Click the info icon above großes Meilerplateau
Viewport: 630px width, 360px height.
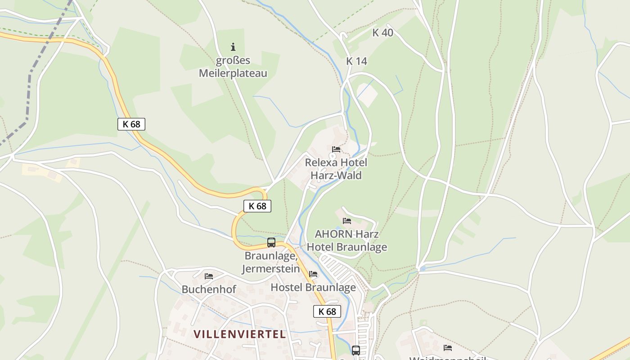[233, 46]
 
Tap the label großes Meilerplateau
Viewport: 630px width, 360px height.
[233, 67]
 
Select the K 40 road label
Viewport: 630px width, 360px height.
[383, 32]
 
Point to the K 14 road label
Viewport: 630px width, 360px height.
[357, 61]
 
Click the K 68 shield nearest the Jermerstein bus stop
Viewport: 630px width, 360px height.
[257, 206]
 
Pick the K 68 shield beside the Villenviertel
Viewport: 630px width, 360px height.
[327, 311]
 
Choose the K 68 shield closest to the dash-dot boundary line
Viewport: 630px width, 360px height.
[131, 124]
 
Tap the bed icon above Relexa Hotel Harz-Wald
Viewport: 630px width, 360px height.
[336, 149]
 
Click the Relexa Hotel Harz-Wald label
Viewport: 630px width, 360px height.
[336, 169]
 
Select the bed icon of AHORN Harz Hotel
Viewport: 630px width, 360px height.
[347, 221]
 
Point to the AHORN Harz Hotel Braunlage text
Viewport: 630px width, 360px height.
[346, 241]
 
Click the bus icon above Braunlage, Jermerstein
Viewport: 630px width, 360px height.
[271, 243]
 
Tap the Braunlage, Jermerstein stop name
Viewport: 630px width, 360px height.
[271, 262]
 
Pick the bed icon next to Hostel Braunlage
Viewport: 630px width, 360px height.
[313, 274]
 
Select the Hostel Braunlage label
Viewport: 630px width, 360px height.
[313, 287]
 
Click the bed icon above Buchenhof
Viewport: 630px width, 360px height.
[209, 276]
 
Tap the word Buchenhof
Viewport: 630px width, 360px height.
[209, 289]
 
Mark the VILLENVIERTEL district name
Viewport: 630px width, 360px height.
[240, 334]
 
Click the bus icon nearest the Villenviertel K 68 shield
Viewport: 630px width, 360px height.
[356, 350]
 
